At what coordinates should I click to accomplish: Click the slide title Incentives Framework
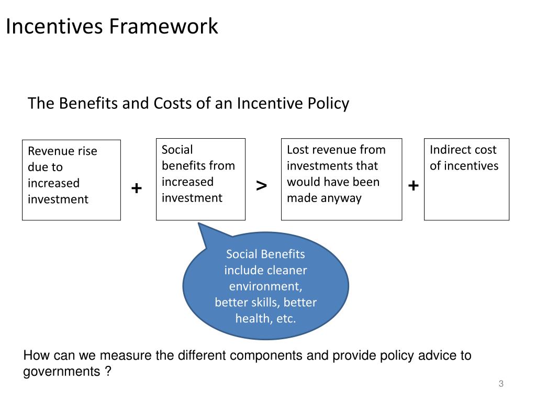click(111, 26)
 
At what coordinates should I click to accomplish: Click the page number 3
click(501, 384)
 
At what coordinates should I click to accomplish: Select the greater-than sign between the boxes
click(262, 185)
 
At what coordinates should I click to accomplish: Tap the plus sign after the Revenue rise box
click(137, 188)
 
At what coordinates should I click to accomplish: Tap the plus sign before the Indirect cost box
click(414, 185)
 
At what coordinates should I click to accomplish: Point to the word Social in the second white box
click(177, 150)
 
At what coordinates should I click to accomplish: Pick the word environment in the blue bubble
click(265, 287)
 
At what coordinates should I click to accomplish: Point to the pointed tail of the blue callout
click(199, 225)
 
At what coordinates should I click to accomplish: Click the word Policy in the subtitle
click(329, 103)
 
